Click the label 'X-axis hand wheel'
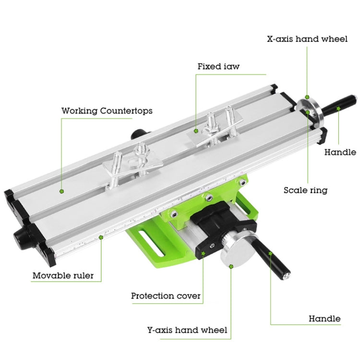click(307, 38)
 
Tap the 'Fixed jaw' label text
click(218, 66)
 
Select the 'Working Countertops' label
click(107, 111)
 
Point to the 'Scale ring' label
click(305, 190)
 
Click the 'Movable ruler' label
click(63, 276)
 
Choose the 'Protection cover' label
click(166, 296)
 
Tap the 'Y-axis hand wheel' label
click(187, 330)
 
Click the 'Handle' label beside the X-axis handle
click(340, 152)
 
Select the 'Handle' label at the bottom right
click(324, 318)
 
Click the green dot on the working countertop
click(62, 191)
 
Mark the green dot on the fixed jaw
click(196, 130)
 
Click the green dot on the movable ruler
click(102, 236)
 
